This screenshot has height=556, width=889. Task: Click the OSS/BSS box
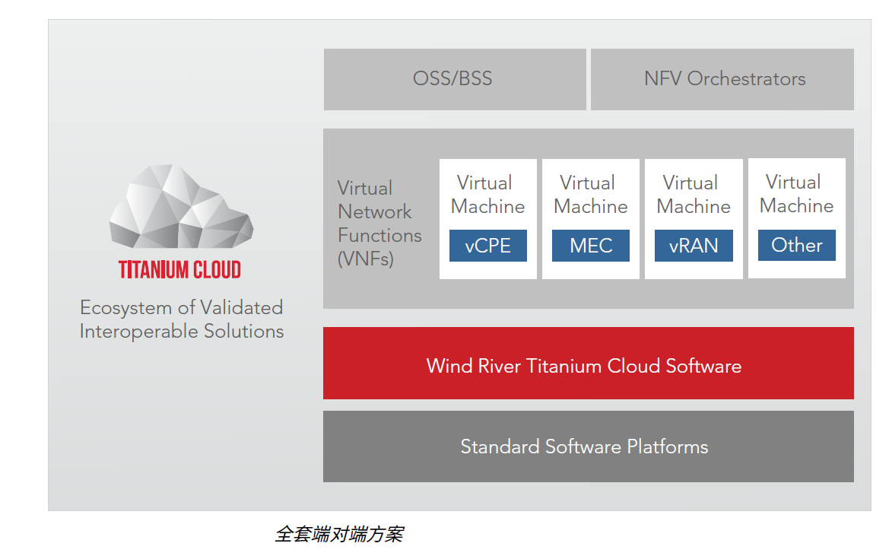pos(455,79)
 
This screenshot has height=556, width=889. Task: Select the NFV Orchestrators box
pos(722,79)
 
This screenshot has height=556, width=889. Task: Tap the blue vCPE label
pos(488,246)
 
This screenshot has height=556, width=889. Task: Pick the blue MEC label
pos(591,246)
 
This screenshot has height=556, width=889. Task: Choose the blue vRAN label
pos(694,246)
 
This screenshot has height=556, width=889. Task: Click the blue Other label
pos(796,245)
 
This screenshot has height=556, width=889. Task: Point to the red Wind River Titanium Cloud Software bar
pos(589,364)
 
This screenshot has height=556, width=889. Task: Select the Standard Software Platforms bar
pos(589,446)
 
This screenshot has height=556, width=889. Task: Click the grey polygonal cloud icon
pos(181,207)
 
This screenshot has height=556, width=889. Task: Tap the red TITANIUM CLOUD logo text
pos(179,270)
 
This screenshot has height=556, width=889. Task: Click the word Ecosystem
pos(126,308)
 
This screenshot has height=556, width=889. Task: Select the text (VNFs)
pos(366,259)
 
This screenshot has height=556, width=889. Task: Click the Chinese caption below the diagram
pos(339,534)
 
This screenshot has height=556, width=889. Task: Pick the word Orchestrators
pos(746,79)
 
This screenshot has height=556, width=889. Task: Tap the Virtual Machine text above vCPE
pos(487,195)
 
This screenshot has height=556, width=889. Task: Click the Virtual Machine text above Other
pos(796,194)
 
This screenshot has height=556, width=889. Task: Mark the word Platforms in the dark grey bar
pos(667,446)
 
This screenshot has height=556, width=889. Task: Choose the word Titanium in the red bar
pos(564,366)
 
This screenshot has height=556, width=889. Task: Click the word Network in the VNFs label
pos(375,212)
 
